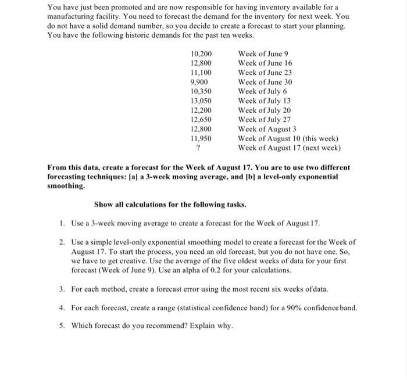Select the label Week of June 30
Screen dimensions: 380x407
pyautogui.click(x=265, y=82)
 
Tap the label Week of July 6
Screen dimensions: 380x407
pyautogui.click(x=262, y=91)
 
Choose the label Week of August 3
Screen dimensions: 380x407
pyautogui.click(x=267, y=129)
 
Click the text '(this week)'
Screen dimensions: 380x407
pyautogui.click(x=319, y=139)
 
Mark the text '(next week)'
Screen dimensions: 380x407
pyautogui.click(x=319, y=148)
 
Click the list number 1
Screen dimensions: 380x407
pyautogui.click(x=62, y=223)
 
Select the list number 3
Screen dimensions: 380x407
pyautogui.click(x=62, y=288)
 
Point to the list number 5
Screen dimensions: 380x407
pyautogui.click(x=62, y=325)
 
